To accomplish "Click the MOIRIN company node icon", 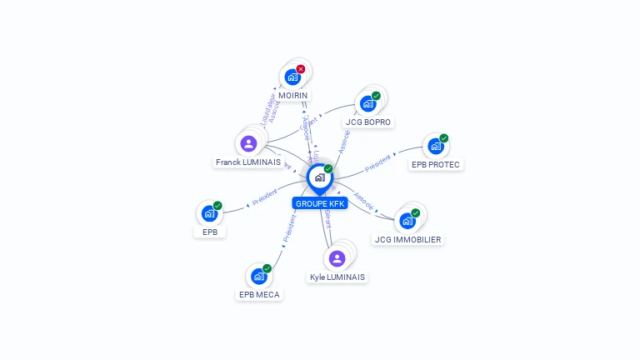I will (x=292, y=77).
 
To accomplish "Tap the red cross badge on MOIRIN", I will (x=301, y=69).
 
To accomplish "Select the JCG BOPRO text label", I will (x=368, y=122).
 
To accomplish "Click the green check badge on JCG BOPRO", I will (x=376, y=96).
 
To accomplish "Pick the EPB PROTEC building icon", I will (x=435, y=147).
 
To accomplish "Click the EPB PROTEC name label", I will (x=436, y=164).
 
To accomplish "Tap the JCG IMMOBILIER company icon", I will (x=407, y=221).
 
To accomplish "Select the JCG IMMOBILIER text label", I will (x=408, y=239).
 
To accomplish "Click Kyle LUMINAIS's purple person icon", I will (x=337, y=258).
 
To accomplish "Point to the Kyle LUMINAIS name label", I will (x=337, y=277).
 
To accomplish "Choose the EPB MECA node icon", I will (x=259, y=276).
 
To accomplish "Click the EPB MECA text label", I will (x=260, y=294).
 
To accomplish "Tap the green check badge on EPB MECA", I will (x=267, y=268).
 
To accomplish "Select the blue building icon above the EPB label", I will (x=209, y=213).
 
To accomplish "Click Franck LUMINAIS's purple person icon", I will (x=248, y=143).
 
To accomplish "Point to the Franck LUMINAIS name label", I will (x=248, y=162).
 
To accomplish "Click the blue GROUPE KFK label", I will (x=319, y=203).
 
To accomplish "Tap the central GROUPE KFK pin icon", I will (x=319, y=177).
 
